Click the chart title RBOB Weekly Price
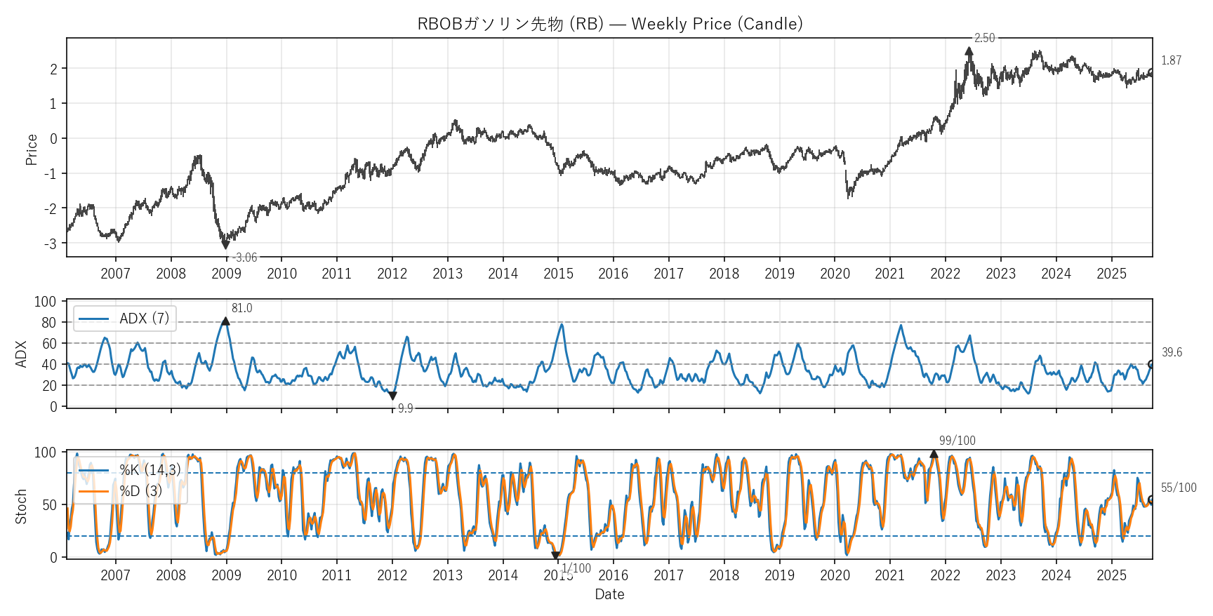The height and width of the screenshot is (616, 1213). click(x=609, y=24)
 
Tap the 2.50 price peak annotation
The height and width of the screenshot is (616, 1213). click(x=984, y=38)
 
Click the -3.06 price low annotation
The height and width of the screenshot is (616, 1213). click(x=245, y=257)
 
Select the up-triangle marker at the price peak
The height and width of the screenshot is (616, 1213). click(x=969, y=51)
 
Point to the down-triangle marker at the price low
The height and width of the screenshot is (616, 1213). click(x=225, y=245)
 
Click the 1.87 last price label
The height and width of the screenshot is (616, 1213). click(x=1171, y=60)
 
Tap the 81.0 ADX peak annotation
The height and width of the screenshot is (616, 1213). click(x=241, y=308)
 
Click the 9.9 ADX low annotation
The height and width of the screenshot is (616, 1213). click(x=405, y=408)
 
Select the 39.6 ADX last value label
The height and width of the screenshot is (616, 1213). click(x=1172, y=352)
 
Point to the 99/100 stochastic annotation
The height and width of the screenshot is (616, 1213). click(x=957, y=441)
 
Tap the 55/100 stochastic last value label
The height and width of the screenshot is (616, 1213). click(x=1178, y=488)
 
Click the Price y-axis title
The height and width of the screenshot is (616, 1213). click(x=32, y=149)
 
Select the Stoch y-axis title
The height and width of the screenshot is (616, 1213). click(x=21, y=506)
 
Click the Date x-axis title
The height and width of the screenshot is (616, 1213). click(x=609, y=594)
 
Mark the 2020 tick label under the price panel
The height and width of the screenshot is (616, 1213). click(x=835, y=274)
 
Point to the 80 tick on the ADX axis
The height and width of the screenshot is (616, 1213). click(x=49, y=323)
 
